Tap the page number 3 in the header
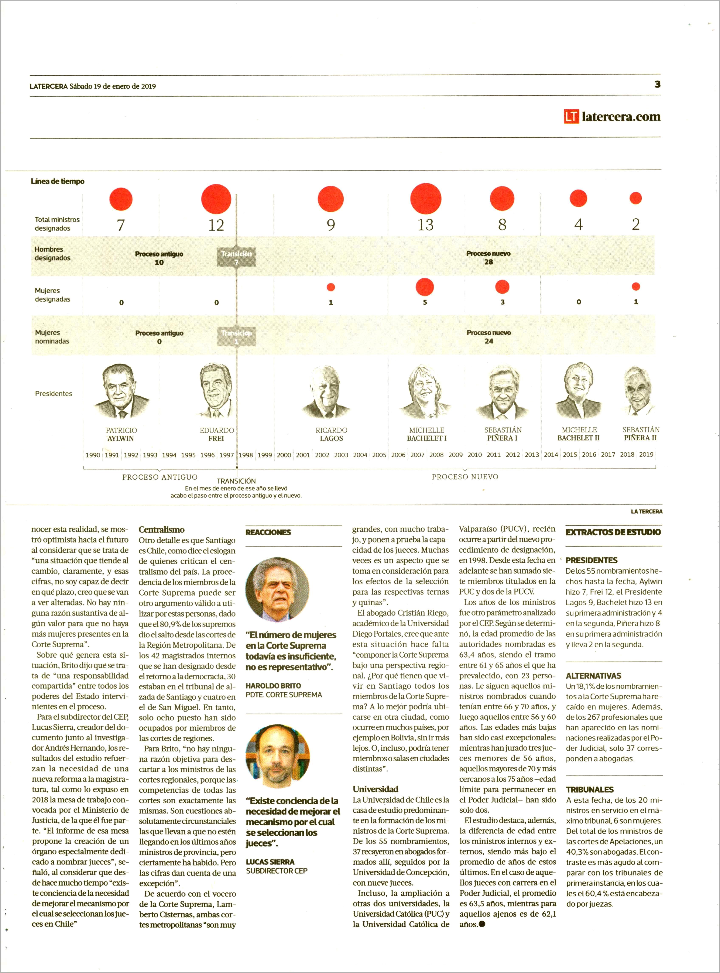tap(657, 85)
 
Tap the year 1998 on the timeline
tap(245, 455)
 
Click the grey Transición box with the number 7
tap(236, 258)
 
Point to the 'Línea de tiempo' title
tap(58, 181)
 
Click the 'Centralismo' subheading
tap(161, 530)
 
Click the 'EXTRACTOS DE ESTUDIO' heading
tap(613, 532)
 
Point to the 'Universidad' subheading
tap(375, 789)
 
